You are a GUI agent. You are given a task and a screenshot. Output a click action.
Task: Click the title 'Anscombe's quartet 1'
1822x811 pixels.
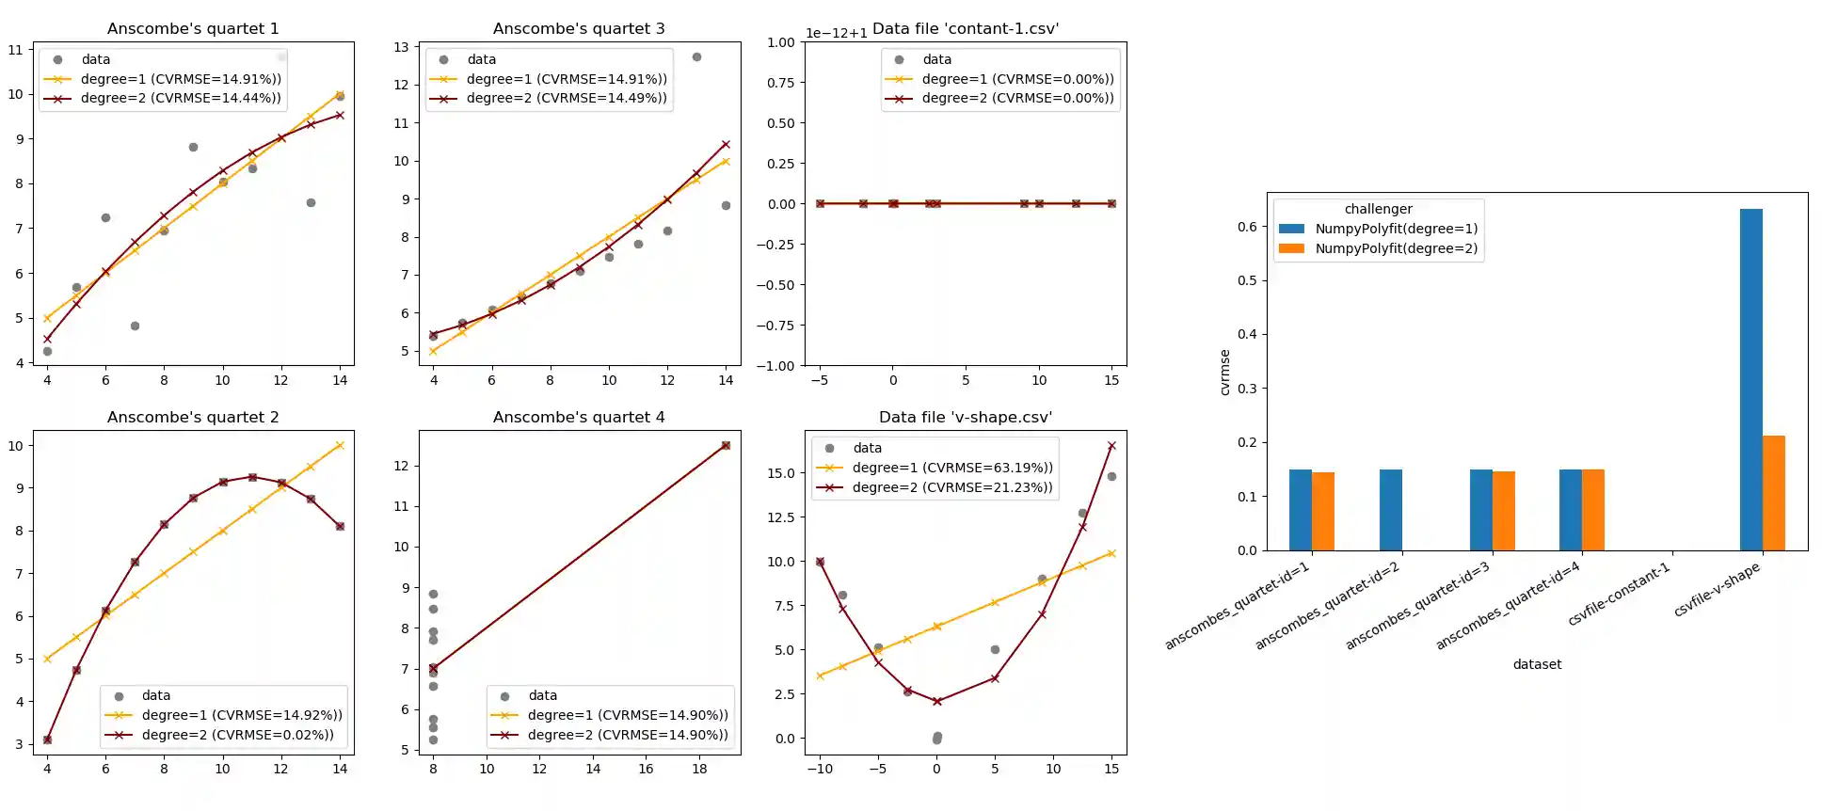tap(193, 28)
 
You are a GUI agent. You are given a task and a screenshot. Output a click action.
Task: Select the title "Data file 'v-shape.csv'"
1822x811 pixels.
tap(965, 417)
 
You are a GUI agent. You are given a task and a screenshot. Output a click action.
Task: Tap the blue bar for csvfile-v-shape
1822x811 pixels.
tap(1750, 379)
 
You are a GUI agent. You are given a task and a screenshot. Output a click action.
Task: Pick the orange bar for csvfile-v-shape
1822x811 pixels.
tap(1773, 493)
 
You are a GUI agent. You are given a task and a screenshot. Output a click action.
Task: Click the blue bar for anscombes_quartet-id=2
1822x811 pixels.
tap(1390, 510)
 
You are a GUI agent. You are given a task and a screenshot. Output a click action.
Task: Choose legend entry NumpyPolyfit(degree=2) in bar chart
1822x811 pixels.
tap(1396, 248)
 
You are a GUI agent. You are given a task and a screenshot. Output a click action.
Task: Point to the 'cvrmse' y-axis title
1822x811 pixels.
tap(1224, 372)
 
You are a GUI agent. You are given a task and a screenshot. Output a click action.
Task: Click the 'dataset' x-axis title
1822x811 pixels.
tap(1537, 664)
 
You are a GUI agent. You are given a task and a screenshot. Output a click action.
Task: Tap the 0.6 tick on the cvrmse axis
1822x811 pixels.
tap(1247, 227)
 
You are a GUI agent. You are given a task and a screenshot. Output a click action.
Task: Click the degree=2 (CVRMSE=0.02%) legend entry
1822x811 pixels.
tap(237, 735)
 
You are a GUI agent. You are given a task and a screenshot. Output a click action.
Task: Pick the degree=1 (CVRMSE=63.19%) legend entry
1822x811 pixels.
tap(952, 468)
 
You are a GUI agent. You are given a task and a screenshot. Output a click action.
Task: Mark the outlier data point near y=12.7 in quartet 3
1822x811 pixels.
tap(696, 57)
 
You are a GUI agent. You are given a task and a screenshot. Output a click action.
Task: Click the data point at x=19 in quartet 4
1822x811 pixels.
tap(726, 446)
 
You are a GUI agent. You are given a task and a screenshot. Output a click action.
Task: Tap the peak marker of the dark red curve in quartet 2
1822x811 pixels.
tap(252, 477)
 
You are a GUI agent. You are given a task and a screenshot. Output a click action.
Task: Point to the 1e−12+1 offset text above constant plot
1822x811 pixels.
tap(836, 33)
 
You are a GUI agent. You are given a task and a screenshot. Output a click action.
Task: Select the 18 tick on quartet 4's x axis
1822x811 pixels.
tap(699, 769)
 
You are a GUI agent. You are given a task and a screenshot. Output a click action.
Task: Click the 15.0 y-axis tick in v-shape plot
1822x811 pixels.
tap(781, 473)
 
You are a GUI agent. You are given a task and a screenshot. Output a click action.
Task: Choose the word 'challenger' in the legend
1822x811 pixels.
tap(1378, 209)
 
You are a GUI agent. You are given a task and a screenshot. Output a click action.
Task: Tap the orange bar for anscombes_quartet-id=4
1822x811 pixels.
tap(1592, 510)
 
